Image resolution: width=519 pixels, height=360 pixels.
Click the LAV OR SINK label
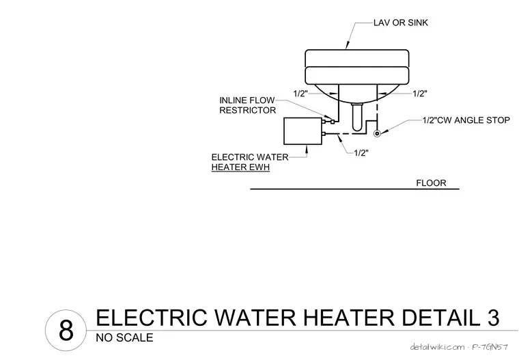(400, 23)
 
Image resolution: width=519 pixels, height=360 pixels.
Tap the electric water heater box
(303, 131)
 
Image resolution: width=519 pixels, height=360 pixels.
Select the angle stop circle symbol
(377, 133)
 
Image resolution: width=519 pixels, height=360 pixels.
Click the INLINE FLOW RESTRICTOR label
(247, 105)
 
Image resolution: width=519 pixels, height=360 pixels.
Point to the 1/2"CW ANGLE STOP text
(466, 120)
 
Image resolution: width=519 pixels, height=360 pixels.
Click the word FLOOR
(431, 183)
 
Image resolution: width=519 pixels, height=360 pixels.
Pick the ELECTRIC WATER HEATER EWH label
(250, 162)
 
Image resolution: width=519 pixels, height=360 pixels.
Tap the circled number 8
(66, 330)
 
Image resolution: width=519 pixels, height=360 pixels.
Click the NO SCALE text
(124, 338)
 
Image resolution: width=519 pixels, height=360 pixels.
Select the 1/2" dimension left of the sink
(300, 94)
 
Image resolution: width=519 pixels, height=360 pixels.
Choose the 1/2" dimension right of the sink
(420, 94)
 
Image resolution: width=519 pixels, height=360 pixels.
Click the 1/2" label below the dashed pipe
(361, 153)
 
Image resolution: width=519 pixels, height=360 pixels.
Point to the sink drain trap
(357, 117)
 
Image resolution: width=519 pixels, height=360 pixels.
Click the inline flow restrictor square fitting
(333, 122)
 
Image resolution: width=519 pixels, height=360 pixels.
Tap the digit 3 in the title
(493, 317)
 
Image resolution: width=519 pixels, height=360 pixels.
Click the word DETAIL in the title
(440, 317)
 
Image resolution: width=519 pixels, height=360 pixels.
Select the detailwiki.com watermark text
(437, 347)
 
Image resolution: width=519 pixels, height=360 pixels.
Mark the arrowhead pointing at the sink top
(347, 46)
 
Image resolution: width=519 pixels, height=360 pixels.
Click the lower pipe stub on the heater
(324, 134)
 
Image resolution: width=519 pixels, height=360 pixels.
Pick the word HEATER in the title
(348, 317)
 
